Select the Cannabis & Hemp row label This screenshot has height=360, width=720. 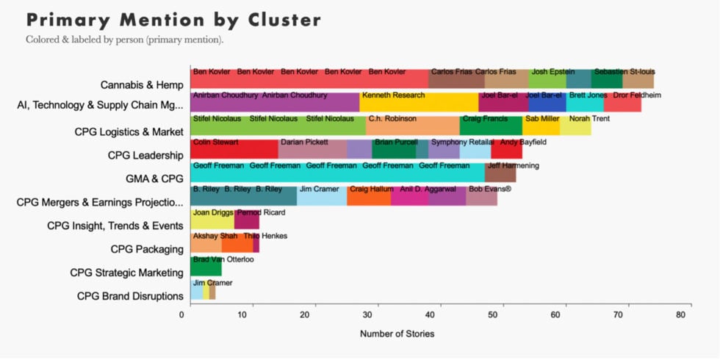141,84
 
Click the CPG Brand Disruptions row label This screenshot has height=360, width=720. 130,296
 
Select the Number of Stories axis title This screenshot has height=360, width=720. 397,334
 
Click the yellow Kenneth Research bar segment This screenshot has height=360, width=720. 419,102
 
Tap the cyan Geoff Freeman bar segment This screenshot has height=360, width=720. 337,173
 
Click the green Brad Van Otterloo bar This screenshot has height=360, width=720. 206,267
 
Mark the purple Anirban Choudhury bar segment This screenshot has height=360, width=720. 275,102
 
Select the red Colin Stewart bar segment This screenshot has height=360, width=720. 234,149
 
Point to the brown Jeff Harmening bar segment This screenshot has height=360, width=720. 500,173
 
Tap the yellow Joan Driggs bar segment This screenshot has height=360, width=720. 212,220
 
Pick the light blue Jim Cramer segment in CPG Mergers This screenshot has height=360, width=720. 322,196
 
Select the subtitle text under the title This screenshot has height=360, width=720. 124,39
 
